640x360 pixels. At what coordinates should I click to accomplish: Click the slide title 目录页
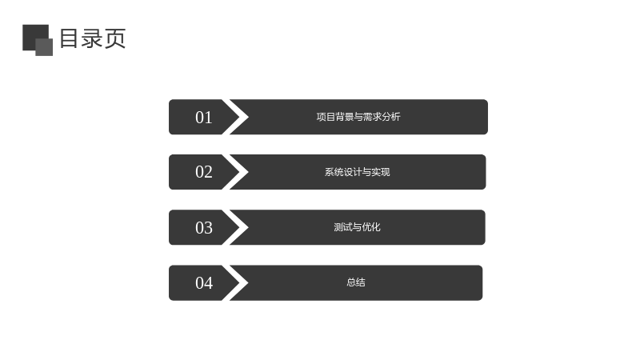point(93,38)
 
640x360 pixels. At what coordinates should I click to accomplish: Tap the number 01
point(204,118)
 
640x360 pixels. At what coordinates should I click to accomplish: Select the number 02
point(204,172)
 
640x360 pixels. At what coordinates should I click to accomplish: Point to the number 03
point(204,228)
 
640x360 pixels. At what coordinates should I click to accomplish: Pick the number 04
point(204,283)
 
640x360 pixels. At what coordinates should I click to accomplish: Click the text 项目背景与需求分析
point(358,117)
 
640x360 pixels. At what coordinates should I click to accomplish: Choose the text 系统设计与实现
point(357,172)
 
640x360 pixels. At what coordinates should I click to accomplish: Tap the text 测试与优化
point(357,227)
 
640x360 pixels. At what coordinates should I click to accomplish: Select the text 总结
point(356,282)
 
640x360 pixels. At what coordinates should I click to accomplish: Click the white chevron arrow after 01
point(239,117)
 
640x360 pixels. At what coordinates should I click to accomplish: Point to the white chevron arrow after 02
point(239,172)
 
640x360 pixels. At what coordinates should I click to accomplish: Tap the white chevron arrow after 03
point(239,227)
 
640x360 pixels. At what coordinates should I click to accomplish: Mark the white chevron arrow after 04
point(239,283)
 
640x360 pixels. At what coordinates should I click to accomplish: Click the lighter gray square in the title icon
point(44,47)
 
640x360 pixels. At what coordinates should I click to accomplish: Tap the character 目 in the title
point(69,38)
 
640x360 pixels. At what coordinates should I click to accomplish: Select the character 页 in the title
point(115,38)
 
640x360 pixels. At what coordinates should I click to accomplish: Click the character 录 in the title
point(92,38)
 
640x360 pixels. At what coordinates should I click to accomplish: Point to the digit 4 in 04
point(208,283)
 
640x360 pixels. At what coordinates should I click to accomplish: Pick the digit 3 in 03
point(208,228)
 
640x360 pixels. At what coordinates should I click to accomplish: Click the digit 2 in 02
point(208,172)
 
